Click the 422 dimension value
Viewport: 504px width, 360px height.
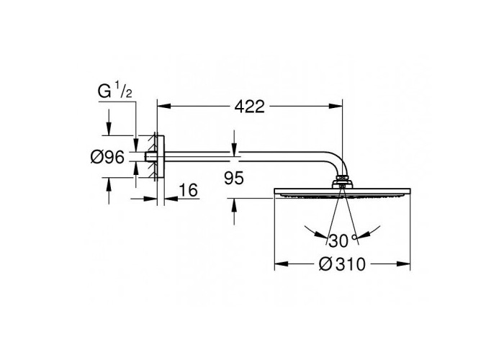tap(249, 107)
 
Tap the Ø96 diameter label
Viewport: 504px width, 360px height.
tap(107, 158)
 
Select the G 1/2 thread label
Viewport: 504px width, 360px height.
tap(114, 91)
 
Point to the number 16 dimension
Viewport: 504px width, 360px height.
tap(189, 190)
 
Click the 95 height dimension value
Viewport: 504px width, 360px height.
tap(234, 178)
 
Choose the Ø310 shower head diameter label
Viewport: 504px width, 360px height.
tap(342, 264)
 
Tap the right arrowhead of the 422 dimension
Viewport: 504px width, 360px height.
tap(336, 107)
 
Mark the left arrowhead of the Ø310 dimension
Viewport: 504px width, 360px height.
tap(282, 264)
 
